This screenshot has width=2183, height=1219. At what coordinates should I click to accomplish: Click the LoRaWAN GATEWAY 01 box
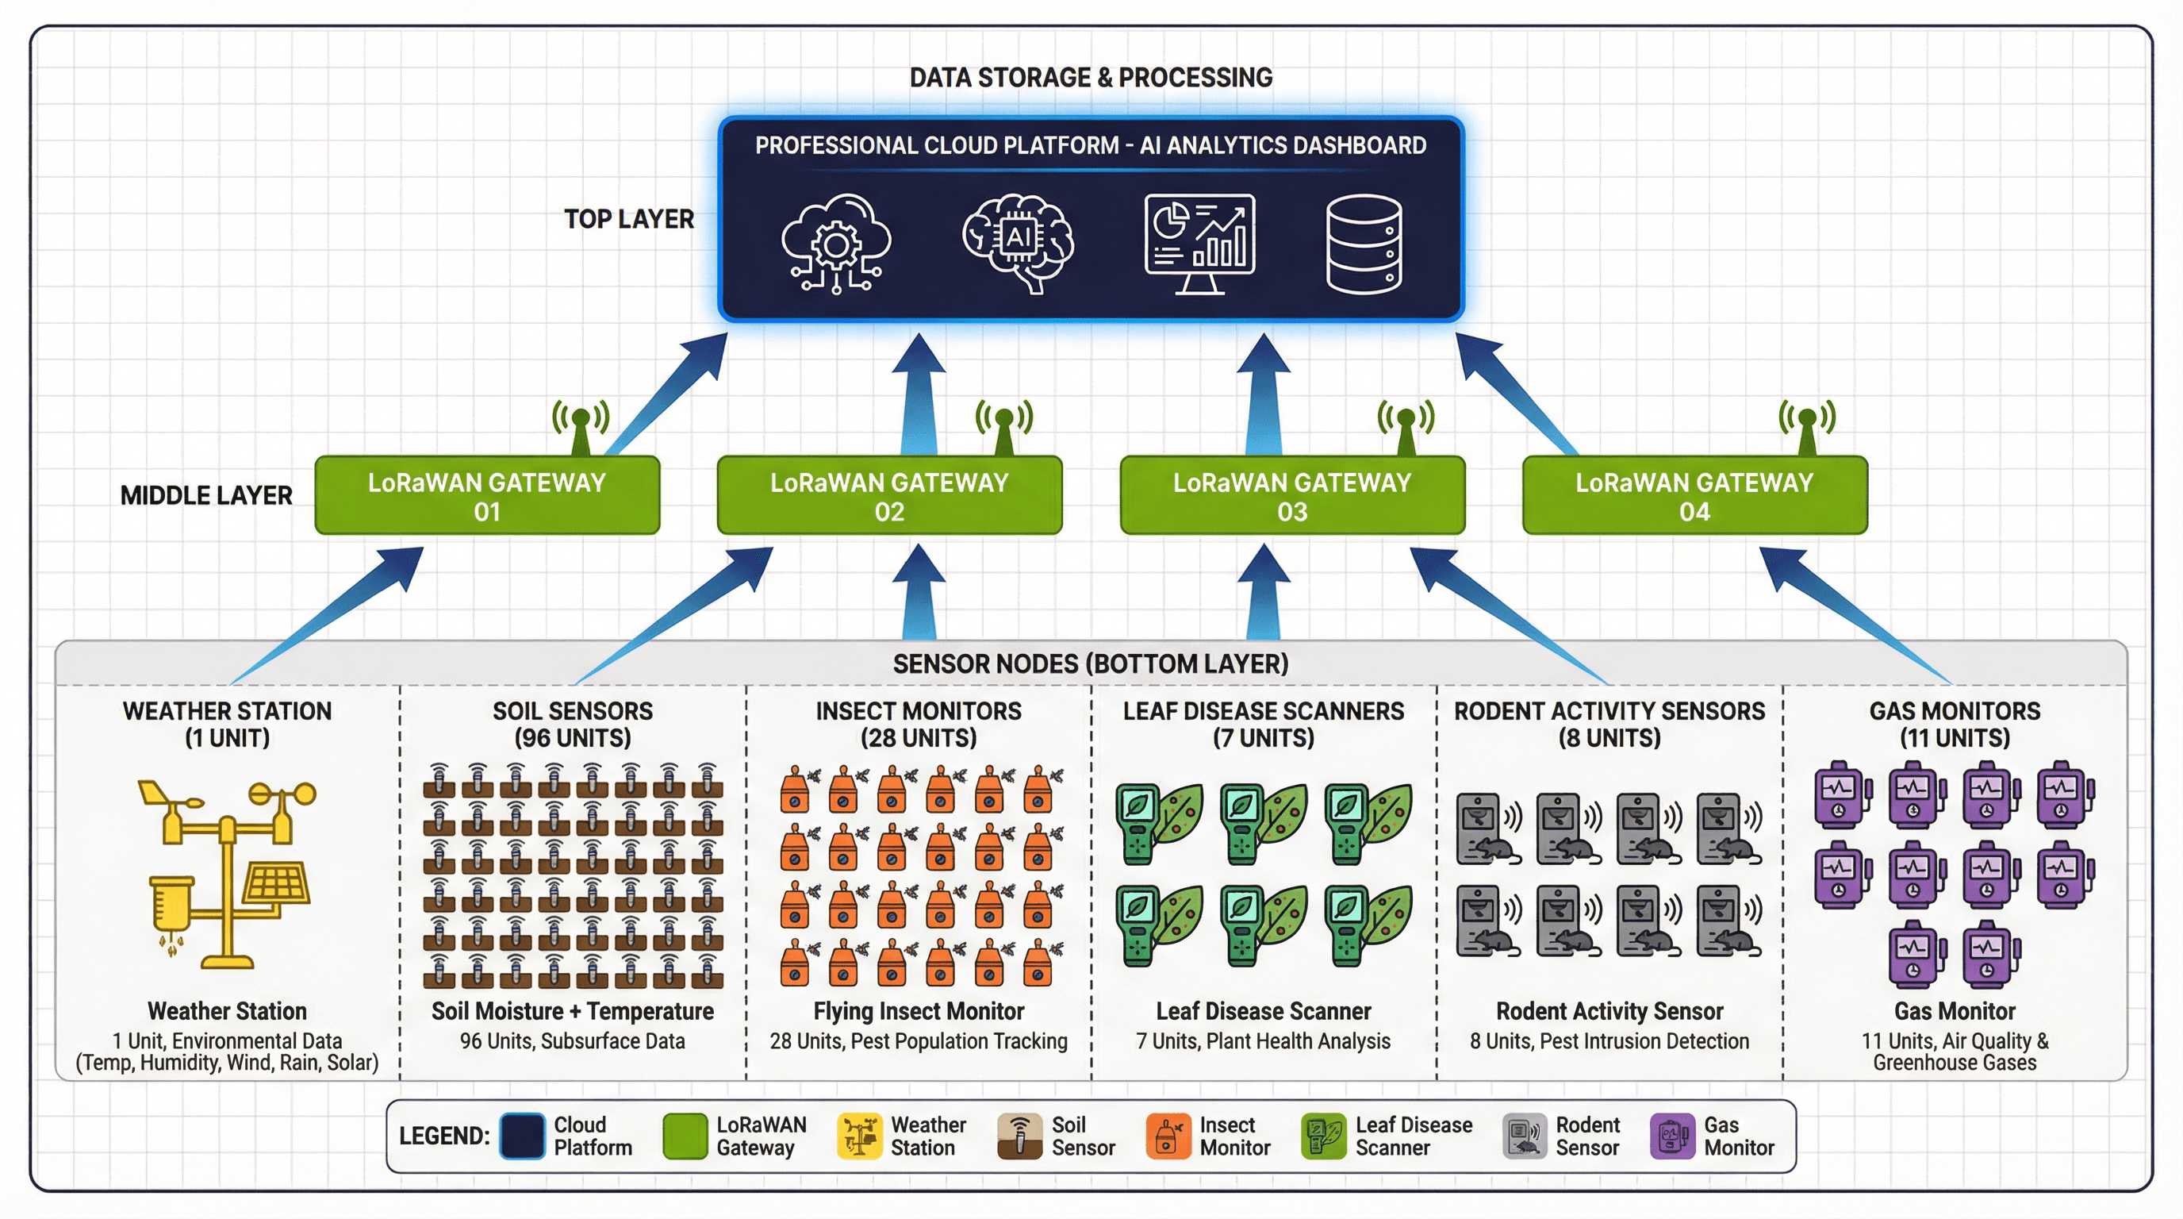[x=486, y=496]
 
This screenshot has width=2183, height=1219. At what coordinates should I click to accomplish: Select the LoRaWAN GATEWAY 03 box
[x=1291, y=496]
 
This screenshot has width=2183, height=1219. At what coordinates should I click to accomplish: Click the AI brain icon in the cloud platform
[x=1018, y=241]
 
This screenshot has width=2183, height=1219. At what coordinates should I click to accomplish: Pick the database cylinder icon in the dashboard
[x=1363, y=244]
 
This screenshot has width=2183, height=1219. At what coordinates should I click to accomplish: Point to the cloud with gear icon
[x=835, y=244]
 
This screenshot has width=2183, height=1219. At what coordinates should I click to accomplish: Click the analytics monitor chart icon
[x=1199, y=244]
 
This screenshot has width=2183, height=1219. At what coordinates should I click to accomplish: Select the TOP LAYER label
[x=629, y=219]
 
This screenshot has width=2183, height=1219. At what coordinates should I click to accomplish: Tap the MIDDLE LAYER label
[x=206, y=495]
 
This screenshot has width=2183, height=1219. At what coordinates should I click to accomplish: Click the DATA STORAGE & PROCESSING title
[x=1091, y=77]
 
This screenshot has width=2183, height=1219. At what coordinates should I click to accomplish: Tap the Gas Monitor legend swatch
[x=1672, y=1136]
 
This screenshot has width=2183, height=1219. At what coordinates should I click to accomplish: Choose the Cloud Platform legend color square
[x=521, y=1136]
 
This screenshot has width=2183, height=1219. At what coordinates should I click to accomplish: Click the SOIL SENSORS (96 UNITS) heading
[x=573, y=724]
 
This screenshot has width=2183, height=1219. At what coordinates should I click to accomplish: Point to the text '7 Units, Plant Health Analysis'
[x=1263, y=1041]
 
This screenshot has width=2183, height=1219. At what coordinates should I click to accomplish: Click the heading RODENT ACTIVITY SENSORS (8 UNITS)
[x=1609, y=724]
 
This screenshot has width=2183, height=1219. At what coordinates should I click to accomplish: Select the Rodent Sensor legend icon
[x=1525, y=1136]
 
